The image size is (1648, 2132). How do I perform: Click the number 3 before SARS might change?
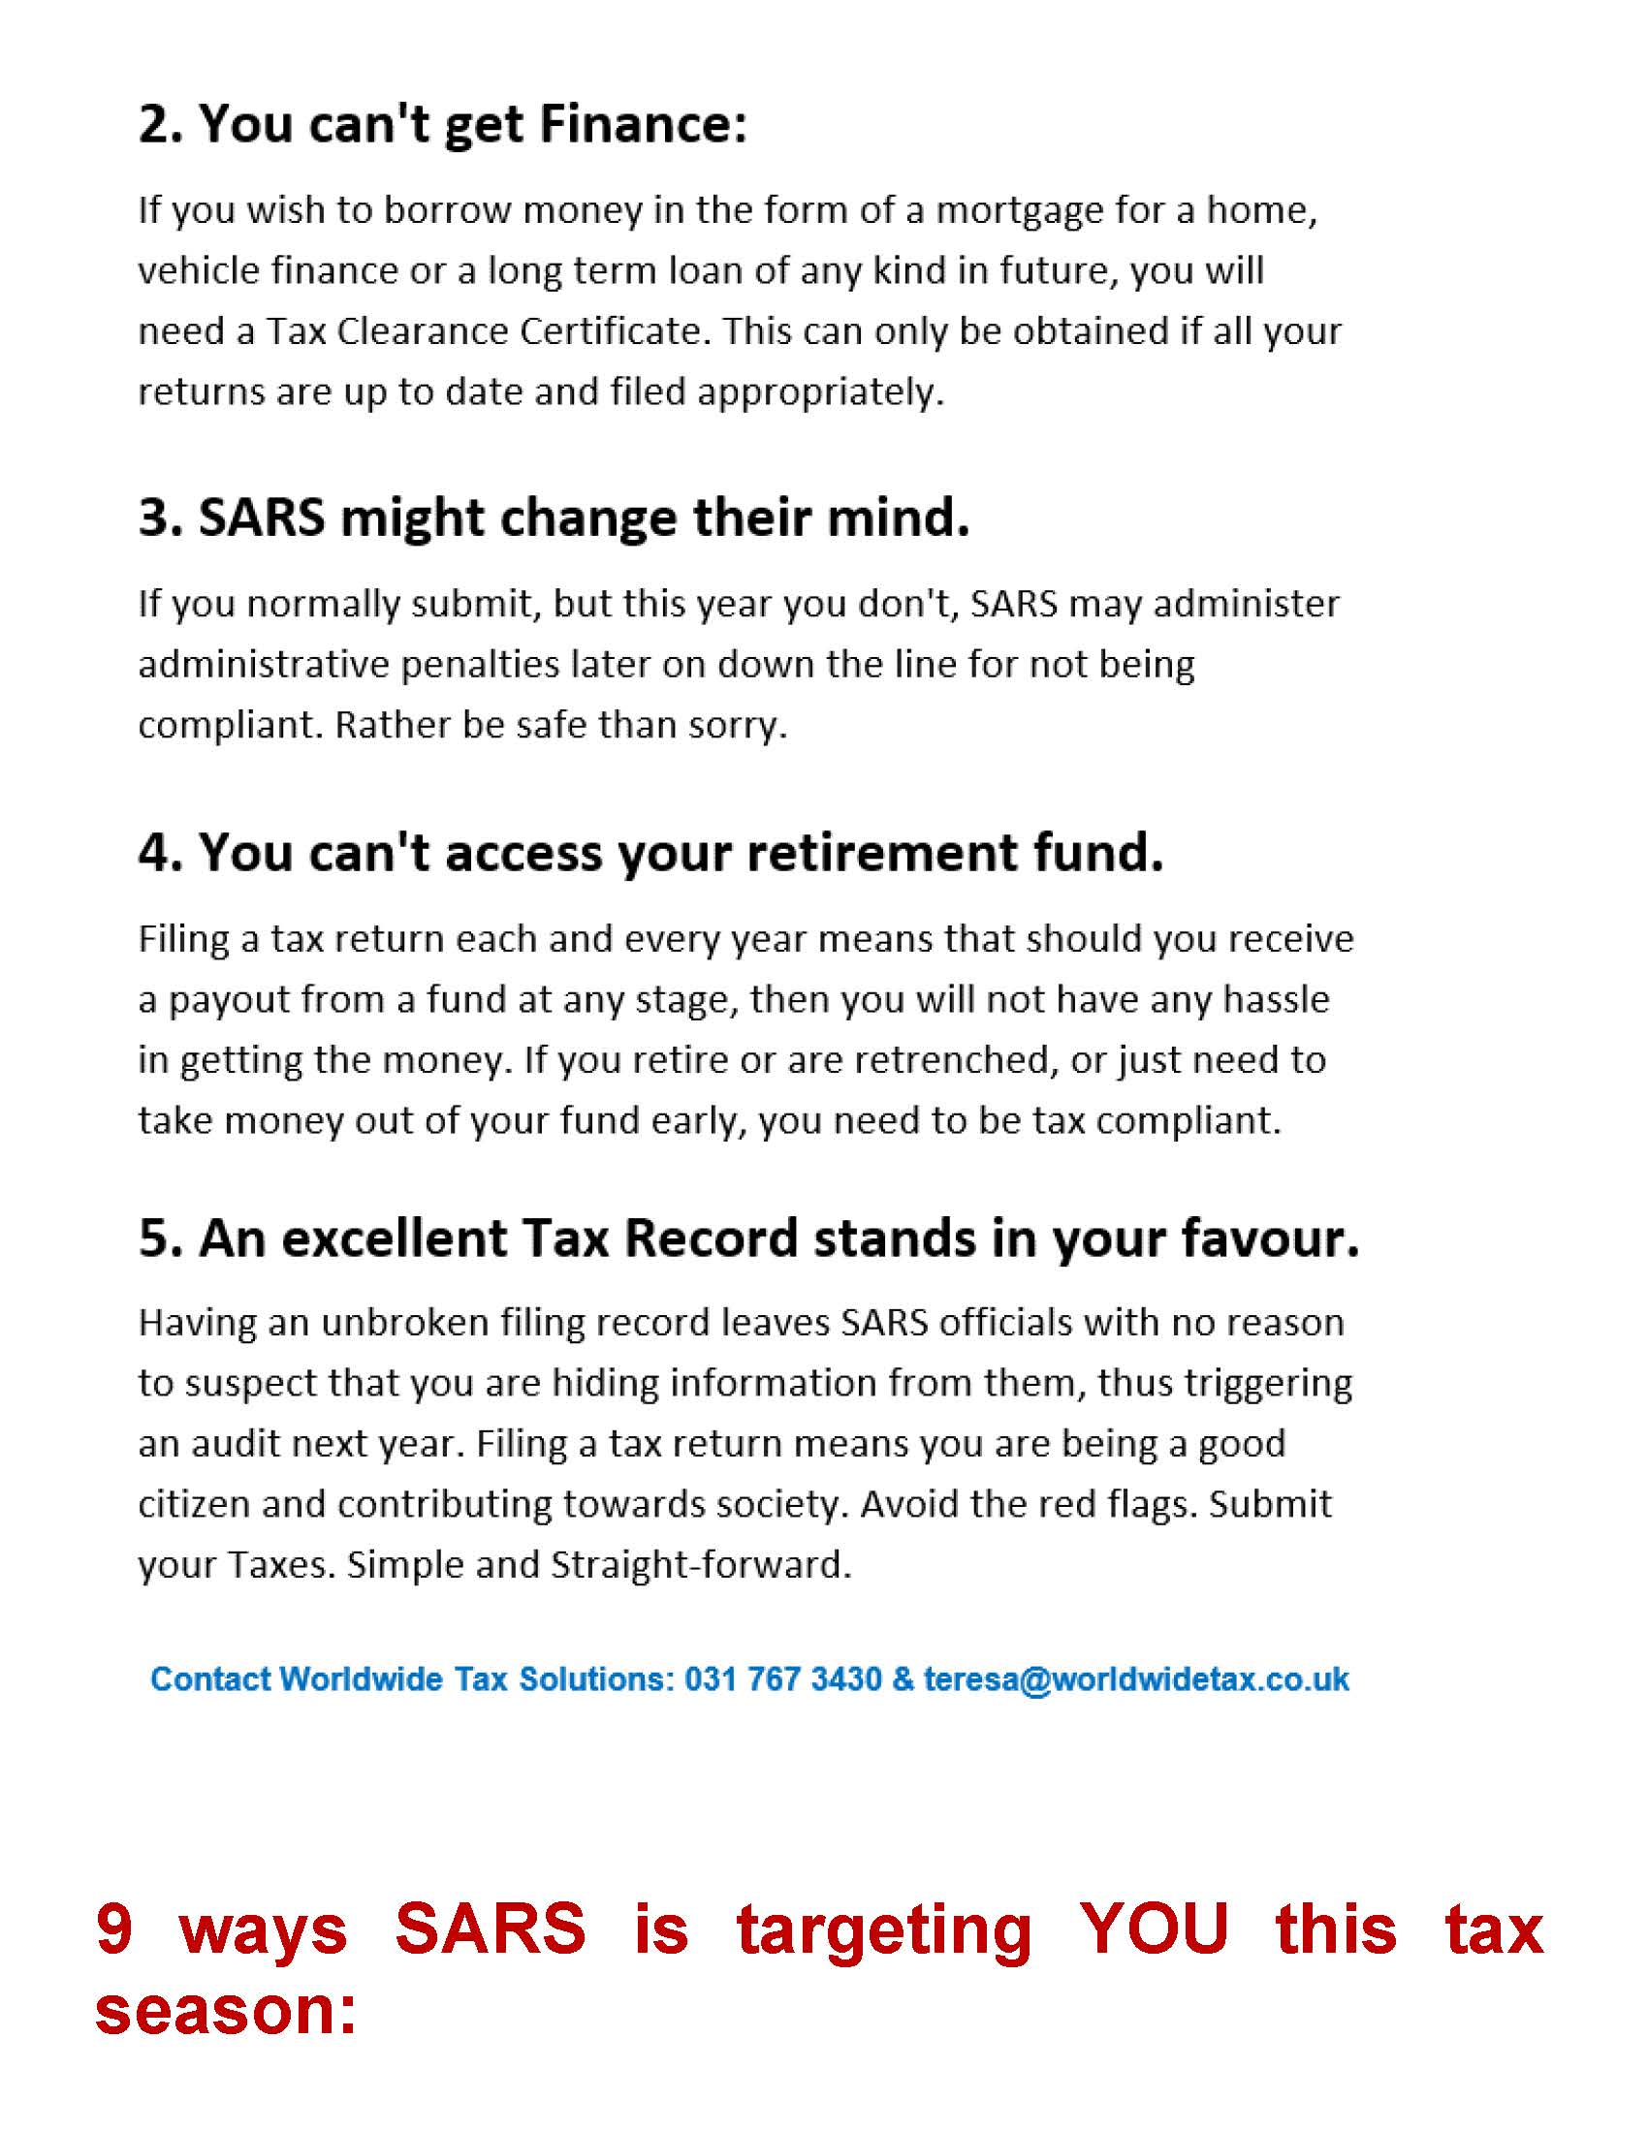(x=154, y=517)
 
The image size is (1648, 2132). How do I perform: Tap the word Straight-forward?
(x=701, y=1564)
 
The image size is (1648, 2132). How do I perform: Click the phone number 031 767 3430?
(x=783, y=1679)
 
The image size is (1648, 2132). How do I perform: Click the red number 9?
(x=115, y=1928)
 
